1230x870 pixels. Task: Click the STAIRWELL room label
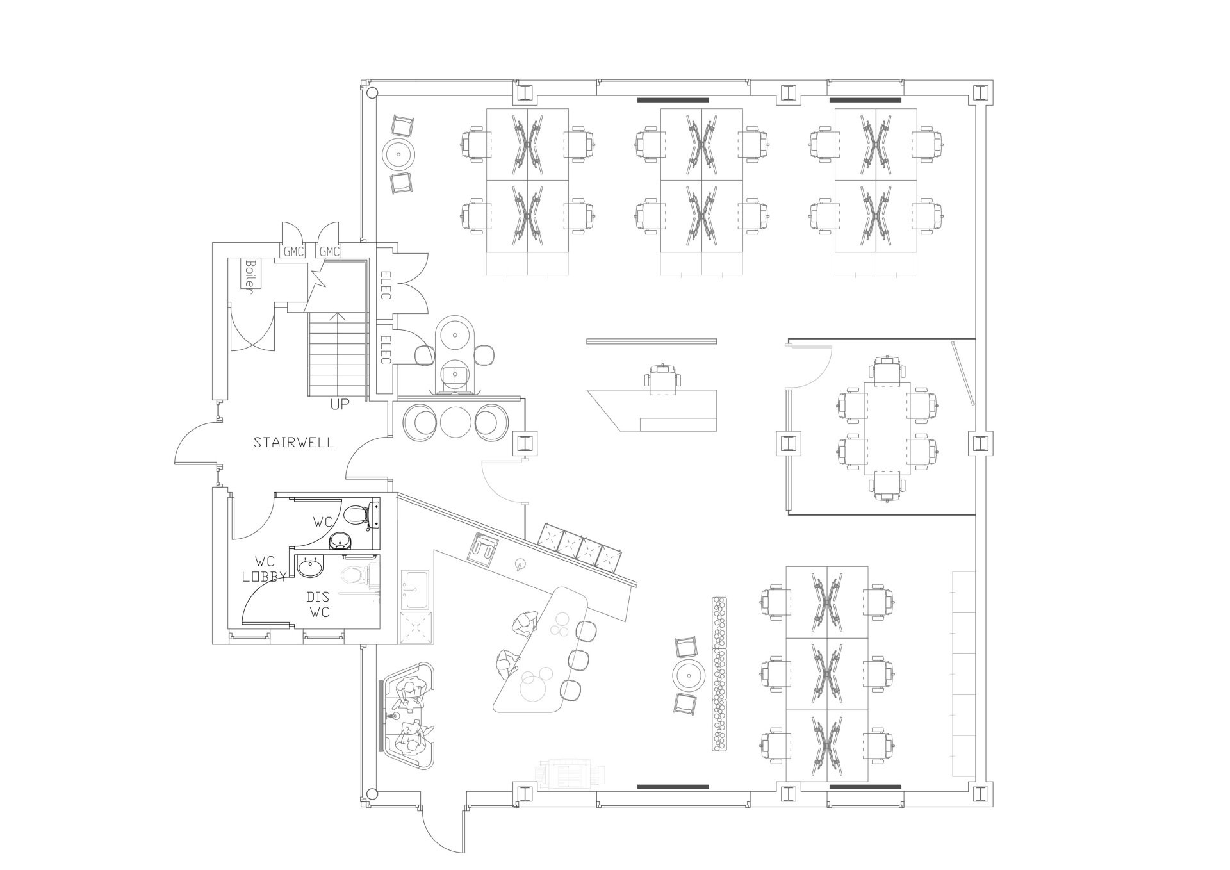(294, 442)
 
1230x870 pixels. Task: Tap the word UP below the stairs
(340, 405)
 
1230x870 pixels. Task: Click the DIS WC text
(318, 604)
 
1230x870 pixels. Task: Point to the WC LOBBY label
(264, 568)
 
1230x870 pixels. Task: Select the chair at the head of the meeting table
(887, 370)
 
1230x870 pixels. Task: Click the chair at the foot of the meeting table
(887, 485)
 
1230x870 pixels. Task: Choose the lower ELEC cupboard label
(386, 350)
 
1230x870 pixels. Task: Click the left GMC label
(293, 252)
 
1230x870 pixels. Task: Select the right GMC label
(329, 252)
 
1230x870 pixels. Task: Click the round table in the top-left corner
(400, 154)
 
